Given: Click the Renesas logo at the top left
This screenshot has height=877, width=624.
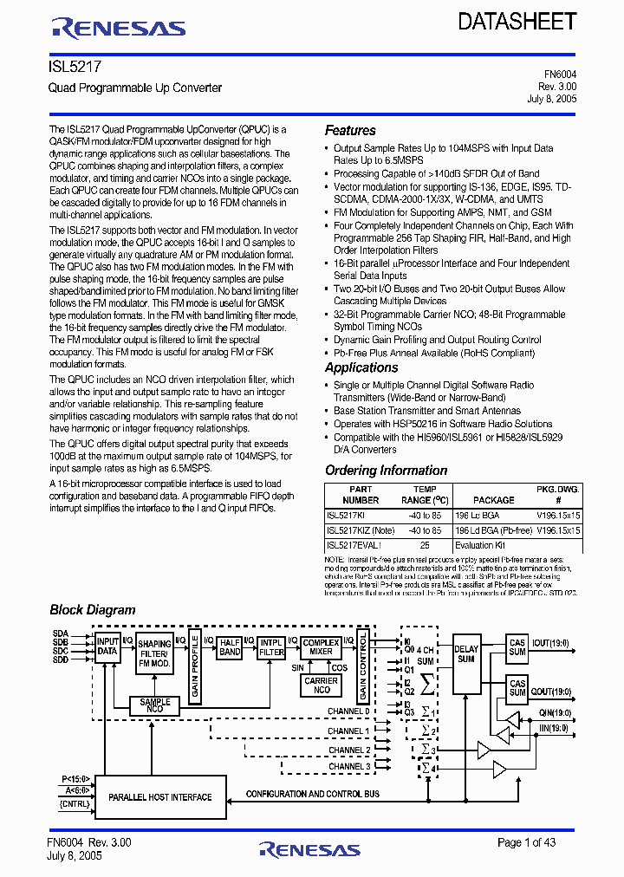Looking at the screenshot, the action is pyautogui.click(x=119, y=29).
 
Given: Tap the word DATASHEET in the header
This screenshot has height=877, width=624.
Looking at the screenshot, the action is pyautogui.click(x=517, y=22).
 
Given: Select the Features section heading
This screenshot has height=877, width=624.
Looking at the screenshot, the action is pyautogui.click(x=350, y=130).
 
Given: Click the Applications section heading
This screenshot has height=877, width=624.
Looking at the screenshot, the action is pyautogui.click(x=361, y=367).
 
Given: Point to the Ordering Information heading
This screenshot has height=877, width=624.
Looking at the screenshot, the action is pyautogui.click(x=386, y=471).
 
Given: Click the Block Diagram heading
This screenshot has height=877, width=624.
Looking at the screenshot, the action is pyautogui.click(x=93, y=609).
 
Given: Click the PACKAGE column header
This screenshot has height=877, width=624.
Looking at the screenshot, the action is pyautogui.click(x=493, y=500).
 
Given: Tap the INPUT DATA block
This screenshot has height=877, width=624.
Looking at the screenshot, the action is pyautogui.click(x=107, y=646).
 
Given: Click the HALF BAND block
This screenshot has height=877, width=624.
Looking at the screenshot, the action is pyautogui.click(x=230, y=646).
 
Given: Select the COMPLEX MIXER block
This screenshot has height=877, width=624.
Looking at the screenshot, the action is pyautogui.click(x=321, y=646).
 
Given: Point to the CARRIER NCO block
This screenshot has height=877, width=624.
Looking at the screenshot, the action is pyautogui.click(x=322, y=685).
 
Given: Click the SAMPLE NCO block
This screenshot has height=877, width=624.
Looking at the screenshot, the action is pyautogui.click(x=155, y=705).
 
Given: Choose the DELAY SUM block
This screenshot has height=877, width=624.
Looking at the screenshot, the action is pyautogui.click(x=466, y=654).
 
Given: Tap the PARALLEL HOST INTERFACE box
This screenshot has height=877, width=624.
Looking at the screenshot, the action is pyautogui.click(x=159, y=796).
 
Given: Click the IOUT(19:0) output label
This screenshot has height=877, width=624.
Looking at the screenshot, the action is pyautogui.click(x=551, y=643).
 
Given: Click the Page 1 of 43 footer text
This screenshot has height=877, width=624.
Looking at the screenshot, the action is pyautogui.click(x=526, y=842).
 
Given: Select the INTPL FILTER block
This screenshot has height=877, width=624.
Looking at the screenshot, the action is pyautogui.click(x=271, y=646).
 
